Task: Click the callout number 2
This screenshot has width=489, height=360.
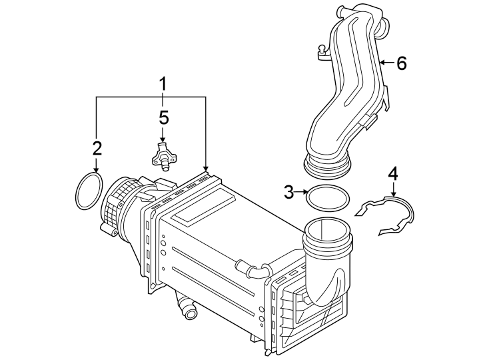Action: click(x=97, y=147)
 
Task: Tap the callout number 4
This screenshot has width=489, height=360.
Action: click(x=393, y=174)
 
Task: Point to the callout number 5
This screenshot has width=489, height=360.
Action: click(x=164, y=118)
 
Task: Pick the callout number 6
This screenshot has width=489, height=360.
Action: click(x=401, y=63)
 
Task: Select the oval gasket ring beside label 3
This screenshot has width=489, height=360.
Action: click(x=327, y=198)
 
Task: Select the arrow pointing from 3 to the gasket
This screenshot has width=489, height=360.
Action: click(x=301, y=193)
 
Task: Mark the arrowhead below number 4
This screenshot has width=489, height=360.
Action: click(x=393, y=193)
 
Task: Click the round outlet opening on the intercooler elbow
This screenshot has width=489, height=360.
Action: click(x=327, y=233)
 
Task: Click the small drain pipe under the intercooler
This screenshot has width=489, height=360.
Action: click(x=185, y=308)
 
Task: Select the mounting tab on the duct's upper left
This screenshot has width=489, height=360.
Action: click(x=322, y=52)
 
